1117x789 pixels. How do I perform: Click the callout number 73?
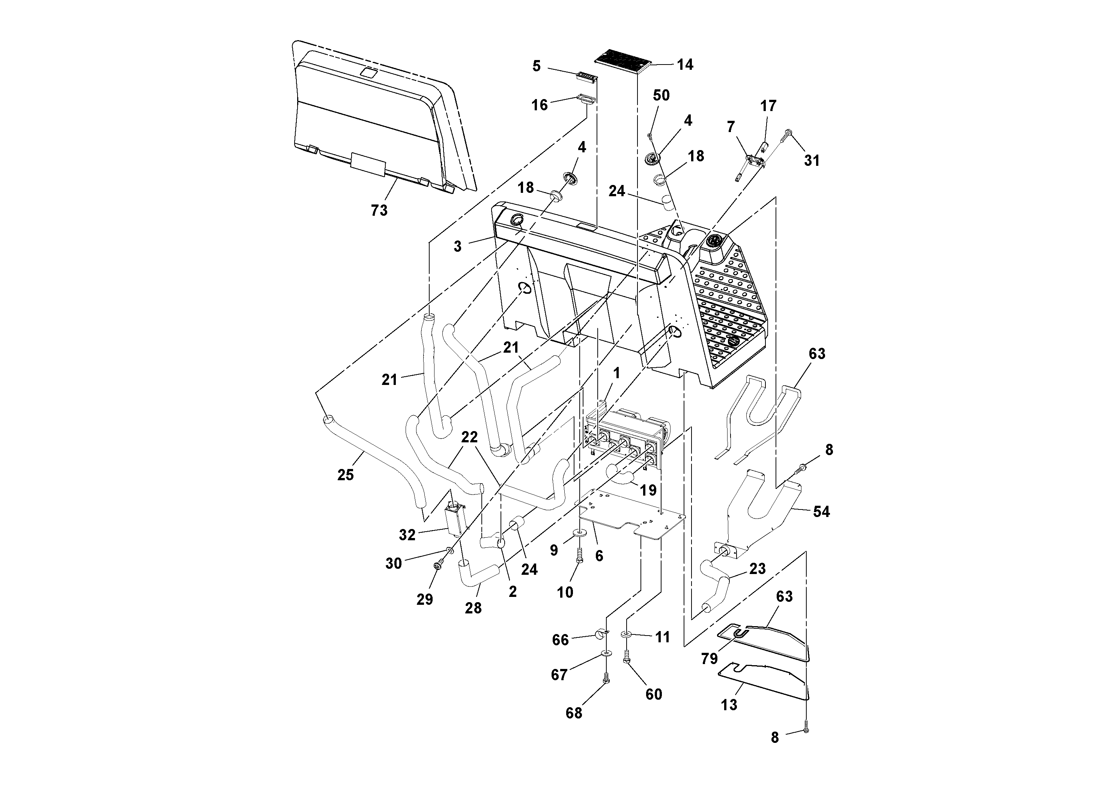click(379, 210)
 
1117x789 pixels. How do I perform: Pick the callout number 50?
click(661, 95)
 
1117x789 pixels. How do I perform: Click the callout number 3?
click(457, 246)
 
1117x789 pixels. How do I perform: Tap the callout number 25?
click(346, 475)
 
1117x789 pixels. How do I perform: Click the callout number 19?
click(648, 490)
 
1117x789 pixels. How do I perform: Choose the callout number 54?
click(821, 512)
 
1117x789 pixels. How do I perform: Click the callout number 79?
click(709, 659)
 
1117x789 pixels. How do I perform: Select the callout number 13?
click(729, 704)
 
